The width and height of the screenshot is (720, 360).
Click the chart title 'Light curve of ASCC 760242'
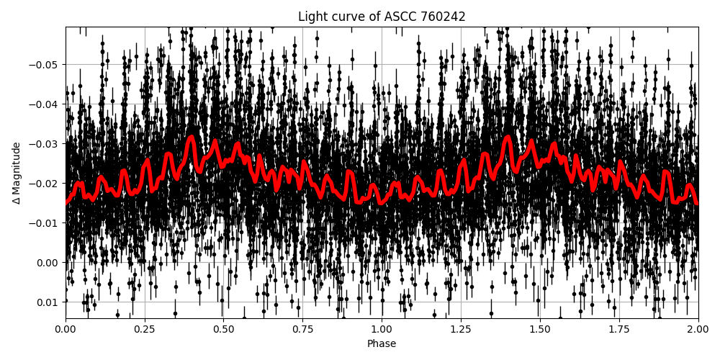pyautogui.click(x=381, y=17)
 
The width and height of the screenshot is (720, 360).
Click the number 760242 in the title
pyautogui.click(x=445, y=17)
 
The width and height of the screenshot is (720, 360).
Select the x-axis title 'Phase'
pyautogui.click(x=381, y=344)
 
